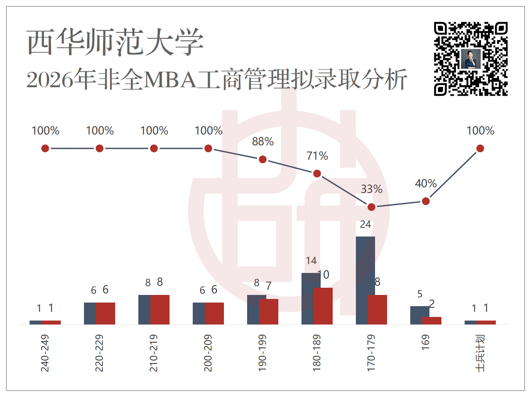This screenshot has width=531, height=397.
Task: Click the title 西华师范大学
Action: [x=115, y=42]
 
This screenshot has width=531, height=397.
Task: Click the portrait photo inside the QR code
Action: [x=471, y=59]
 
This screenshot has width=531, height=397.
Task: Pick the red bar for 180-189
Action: [x=323, y=306]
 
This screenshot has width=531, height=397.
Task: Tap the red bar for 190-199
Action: [x=269, y=311]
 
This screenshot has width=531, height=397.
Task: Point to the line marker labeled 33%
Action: [x=371, y=207]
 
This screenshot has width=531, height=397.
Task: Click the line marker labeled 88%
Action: [x=263, y=160]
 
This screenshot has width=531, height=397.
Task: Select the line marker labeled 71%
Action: [x=317, y=173]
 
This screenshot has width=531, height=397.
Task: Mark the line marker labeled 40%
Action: [x=426, y=201]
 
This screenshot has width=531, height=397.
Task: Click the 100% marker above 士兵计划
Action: [x=480, y=148]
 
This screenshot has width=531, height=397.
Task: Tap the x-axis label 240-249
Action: [x=45, y=353]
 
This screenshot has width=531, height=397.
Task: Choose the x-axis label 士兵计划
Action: [x=480, y=353]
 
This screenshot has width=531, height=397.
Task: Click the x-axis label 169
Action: [x=425, y=342]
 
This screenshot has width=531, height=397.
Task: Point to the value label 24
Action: [x=365, y=225]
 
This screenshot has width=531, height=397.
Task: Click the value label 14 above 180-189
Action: [x=311, y=261]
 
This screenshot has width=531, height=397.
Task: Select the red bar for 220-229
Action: [x=106, y=313]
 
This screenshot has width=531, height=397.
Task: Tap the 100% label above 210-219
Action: [x=154, y=131]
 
